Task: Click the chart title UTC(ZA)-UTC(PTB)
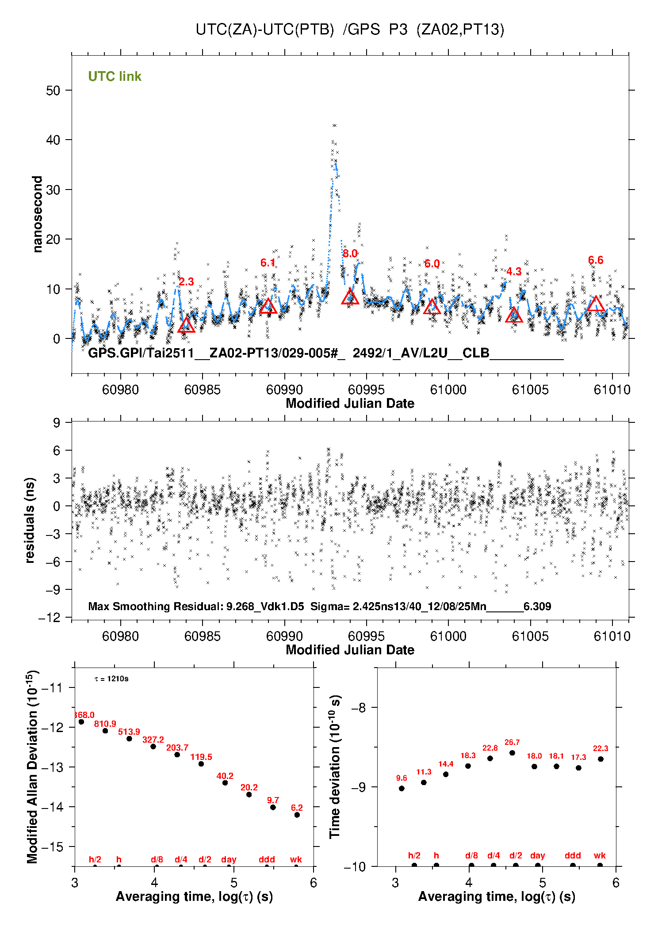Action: pos(264,30)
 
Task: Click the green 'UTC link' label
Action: pos(115,76)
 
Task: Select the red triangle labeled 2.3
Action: pos(186,326)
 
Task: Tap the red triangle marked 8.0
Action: pos(350,297)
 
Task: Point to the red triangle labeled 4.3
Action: pos(514,315)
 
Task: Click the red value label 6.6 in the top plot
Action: pos(596,260)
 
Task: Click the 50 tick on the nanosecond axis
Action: pos(53,91)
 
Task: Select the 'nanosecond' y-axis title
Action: pos(38,214)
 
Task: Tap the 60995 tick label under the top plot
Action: pos(366,390)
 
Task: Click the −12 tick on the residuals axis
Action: pos(49,618)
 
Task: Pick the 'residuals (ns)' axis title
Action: pos(30,520)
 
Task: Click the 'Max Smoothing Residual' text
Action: pos(156,606)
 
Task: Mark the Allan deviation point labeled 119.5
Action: pos(201,764)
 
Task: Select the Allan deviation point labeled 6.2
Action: pos(297,815)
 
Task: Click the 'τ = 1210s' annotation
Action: pos(111,679)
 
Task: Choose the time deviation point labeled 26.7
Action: pos(512,753)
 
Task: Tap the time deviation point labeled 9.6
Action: pos(402,789)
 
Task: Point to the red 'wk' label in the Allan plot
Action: pos(296,859)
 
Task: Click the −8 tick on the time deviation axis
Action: pos(359,708)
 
